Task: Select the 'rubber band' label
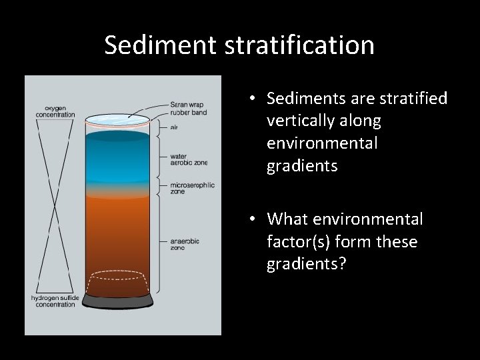pos(189,113)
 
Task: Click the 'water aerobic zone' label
pos(189,159)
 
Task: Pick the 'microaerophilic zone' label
pos(192,188)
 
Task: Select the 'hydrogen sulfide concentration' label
pos(56,301)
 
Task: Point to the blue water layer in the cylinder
pos(120,157)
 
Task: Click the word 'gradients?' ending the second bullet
pos(306,263)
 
